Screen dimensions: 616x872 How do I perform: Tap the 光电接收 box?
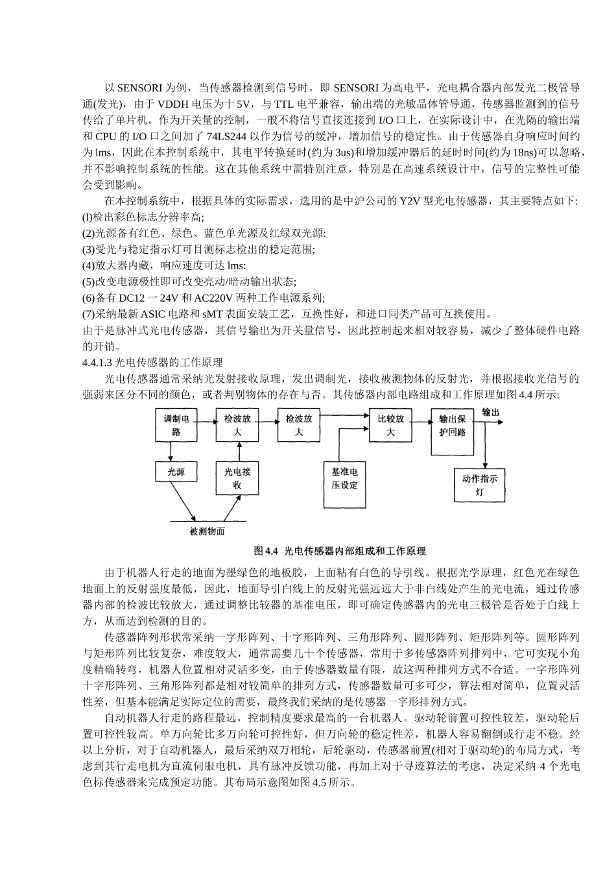tap(237, 478)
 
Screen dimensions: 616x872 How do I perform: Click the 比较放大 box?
tap(390, 425)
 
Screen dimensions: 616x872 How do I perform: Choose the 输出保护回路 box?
tap(452, 425)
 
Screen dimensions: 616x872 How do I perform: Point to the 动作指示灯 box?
tap(479, 485)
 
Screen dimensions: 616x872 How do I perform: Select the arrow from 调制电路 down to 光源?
tap(172, 451)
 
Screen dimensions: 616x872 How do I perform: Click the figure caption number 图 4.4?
tap(266, 551)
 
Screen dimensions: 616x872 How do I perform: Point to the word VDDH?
tap(173, 104)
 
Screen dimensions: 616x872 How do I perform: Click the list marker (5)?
tap(89, 282)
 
